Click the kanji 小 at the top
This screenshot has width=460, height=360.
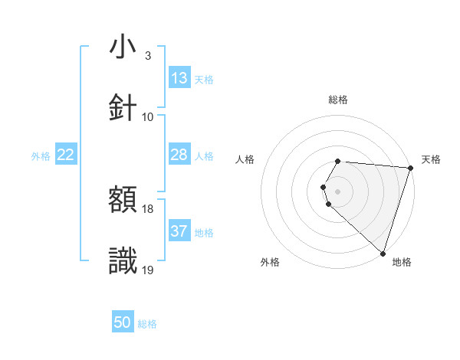pos(123,47)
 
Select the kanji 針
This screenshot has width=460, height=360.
pos(123,108)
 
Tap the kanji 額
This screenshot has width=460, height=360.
pos(123,201)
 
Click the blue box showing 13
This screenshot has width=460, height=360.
pos(179,78)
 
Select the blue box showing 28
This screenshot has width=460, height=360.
pos(179,155)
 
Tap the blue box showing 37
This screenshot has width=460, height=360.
pos(179,231)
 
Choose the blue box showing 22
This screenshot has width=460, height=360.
pos(66,155)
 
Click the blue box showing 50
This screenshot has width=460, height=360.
pos(123,322)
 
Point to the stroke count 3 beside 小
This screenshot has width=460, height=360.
pos(147,56)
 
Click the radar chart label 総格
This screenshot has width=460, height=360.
pos(338,100)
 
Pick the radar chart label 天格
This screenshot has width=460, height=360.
pos(431,159)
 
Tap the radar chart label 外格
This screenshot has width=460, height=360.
pos(270,262)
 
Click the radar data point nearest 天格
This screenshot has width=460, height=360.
pos(411,168)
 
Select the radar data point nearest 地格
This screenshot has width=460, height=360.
pos(383,254)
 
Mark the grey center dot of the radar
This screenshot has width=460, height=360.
pos(338,191)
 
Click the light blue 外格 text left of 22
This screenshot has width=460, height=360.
pos(41,155)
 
